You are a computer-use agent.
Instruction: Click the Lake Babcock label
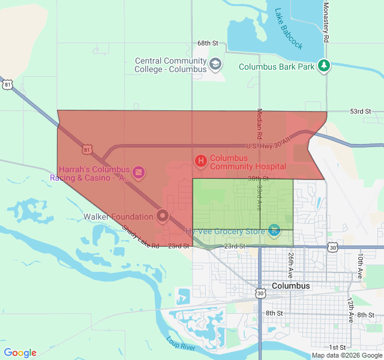click(289, 29)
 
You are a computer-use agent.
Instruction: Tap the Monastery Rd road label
click(326, 22)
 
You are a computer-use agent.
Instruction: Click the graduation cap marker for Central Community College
click(215, 63)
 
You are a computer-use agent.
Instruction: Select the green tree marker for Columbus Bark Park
click(324, 65)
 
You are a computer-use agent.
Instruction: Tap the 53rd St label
click(361, 112)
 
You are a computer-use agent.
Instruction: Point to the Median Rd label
click(260, 122)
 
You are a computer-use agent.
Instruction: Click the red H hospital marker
click(201, 160)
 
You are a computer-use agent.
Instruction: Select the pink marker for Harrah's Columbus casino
click(139, 173)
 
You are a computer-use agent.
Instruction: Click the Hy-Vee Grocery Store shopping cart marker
click(274, 230)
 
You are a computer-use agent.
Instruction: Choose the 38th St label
click(258, 179)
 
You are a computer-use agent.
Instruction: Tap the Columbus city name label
click(291, 286)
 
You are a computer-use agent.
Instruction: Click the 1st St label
click(337, 347)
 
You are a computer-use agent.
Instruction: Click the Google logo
click(20, 353)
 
